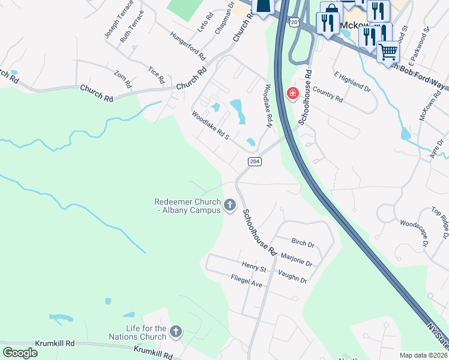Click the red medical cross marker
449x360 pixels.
pyautogui.click(x=293, y=94)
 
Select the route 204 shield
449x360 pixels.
pyautogui.click(x=254, y=161)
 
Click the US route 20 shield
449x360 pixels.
pyautogui.click(x=293, y=22)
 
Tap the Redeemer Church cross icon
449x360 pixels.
pyautogui.click(x=230, y=206)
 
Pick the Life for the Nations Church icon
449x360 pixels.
pyautogui.click(x=176, y=331)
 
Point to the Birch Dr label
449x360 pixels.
pyautogui.click(x=303, y=244)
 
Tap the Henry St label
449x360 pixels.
pyautogui.click(x=254, y=265)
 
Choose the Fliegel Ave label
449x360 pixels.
pyautogui.click(x=247, y=280)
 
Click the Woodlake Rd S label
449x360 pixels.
pyautogui.click(x=211, y=125)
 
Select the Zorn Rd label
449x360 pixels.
pyautogui.click(x=122, y=79)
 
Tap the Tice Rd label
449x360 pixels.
pyautogui.click(x=157, y=75)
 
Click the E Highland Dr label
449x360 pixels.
pyautogui.click(x=352, y=82)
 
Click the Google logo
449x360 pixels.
pyautogui.click(x=20, y=352)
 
